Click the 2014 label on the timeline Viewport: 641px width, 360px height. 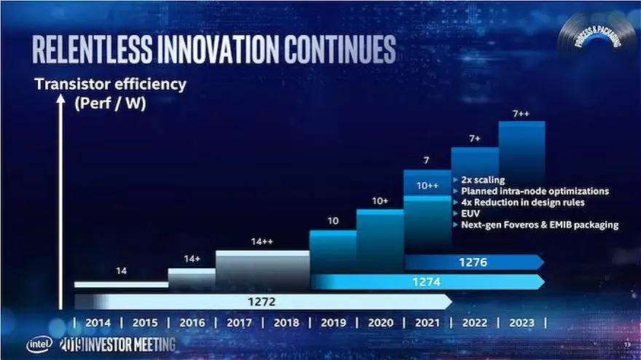[98, 323]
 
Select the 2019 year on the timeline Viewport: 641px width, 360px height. [334, 323]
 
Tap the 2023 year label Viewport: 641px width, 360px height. [522, 323]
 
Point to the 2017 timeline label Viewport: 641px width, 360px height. [239, 323]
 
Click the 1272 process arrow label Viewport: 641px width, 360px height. [262, 301]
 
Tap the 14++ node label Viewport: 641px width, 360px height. [261, 241]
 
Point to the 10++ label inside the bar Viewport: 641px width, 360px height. [428, 186]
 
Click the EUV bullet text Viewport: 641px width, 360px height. [471, 214]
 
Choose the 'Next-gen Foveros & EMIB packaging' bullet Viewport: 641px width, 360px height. [539, 225]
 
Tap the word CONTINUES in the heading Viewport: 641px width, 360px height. [339, 48]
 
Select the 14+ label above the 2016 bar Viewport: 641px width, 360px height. [192, 259]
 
